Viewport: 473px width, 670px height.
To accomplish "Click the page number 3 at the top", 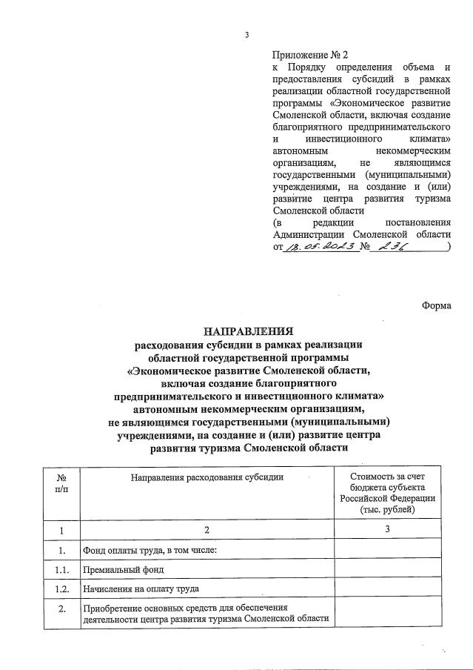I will click(246, 36).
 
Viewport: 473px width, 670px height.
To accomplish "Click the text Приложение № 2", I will click(309, 55).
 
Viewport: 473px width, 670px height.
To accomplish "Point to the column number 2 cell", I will click(207, 530).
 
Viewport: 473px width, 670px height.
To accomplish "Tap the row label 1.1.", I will click(62, 569).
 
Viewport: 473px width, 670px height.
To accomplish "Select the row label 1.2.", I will click(62, 588).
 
